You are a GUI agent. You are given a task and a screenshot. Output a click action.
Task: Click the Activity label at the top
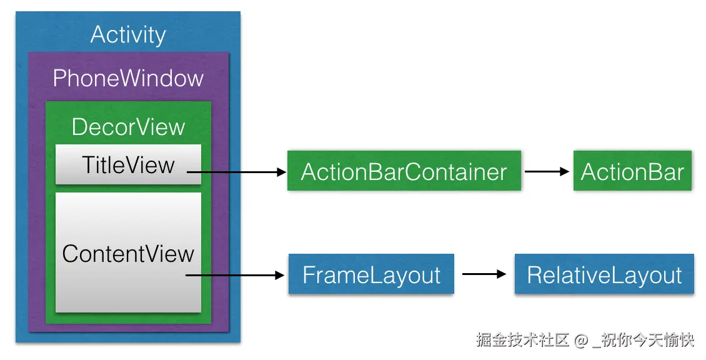point(128,34)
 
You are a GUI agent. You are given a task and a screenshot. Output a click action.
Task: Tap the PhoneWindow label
point(128,78)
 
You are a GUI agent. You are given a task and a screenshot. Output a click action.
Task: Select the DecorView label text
point(128,127)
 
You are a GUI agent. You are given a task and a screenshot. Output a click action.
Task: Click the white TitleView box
point(128,165)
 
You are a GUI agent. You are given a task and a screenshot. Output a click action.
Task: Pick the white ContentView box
point(128,253)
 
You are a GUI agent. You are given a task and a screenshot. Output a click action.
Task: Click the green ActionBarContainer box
point(404,171)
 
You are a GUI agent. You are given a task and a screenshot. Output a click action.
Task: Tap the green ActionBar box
point(632,171)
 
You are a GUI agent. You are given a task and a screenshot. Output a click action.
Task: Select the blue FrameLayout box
point(371,274)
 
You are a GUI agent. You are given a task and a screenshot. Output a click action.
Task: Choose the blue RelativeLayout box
point(604,274)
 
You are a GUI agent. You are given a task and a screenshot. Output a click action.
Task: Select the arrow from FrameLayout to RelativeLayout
point(482,274)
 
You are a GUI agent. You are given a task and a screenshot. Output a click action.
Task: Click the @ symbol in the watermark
point(580,341)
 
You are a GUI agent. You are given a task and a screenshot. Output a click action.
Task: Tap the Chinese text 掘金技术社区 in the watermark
point(522,341)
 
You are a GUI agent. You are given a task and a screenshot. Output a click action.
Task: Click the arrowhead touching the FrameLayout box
point(281,275)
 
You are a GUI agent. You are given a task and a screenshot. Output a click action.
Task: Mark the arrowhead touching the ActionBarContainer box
point(281,172)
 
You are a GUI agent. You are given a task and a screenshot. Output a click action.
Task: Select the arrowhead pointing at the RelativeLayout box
point(499,274)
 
